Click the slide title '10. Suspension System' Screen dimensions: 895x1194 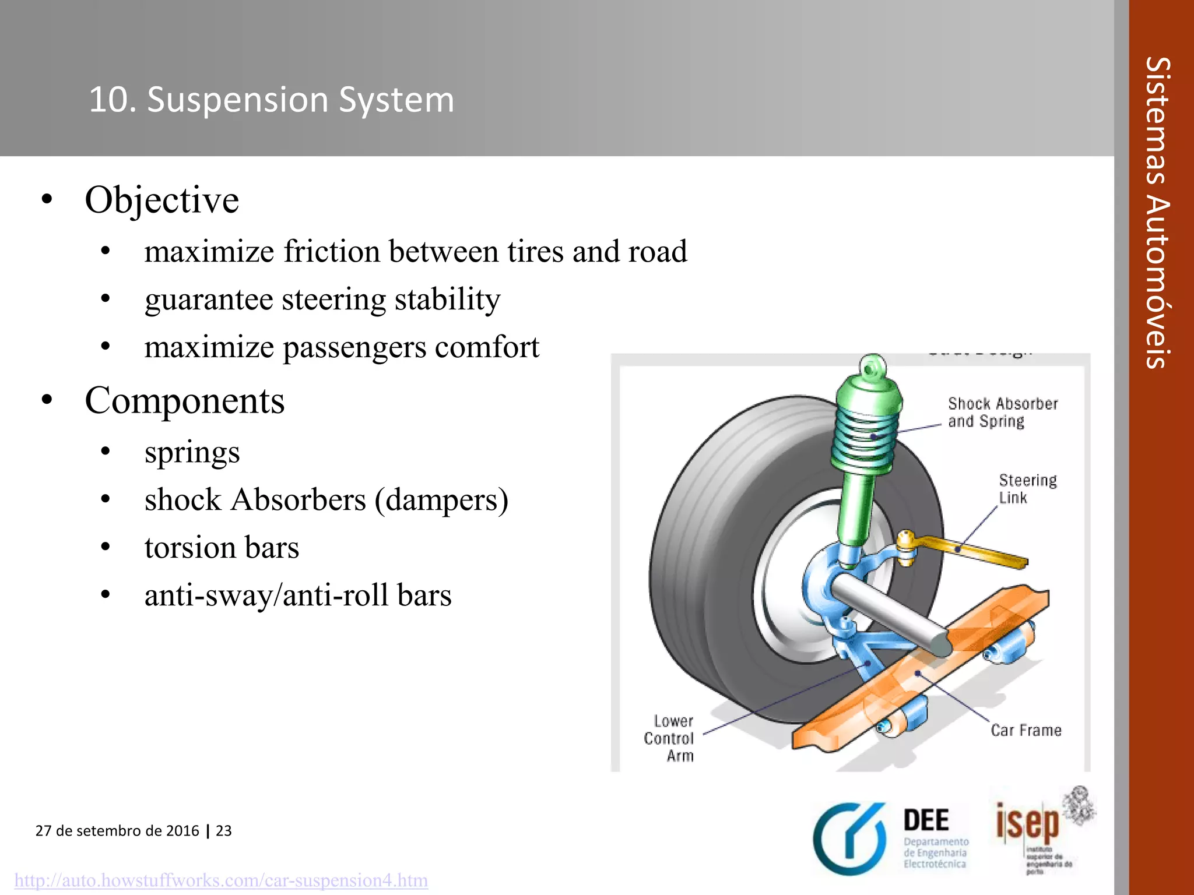point(271,100)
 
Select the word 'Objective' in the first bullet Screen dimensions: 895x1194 point(161,200)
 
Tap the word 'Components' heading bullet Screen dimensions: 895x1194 point(184,401)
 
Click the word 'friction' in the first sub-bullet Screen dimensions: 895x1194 point(332,252)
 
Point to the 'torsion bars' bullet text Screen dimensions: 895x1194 point(222,548)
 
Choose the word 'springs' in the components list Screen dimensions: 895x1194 point(192,452)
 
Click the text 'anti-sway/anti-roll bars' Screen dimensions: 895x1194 point(298,596)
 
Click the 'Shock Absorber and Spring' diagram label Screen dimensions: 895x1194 point(1002,412)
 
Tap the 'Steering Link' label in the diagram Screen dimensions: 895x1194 point(1026,488)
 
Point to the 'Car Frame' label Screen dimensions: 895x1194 point(1026,730)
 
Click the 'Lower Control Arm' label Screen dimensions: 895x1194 point(669,738)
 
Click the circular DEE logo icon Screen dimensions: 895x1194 point(849,839)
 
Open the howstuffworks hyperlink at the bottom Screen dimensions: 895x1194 point(221,880)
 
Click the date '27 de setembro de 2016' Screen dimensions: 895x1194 point(117,830)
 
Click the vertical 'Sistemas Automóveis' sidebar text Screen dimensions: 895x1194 point(1158,213)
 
